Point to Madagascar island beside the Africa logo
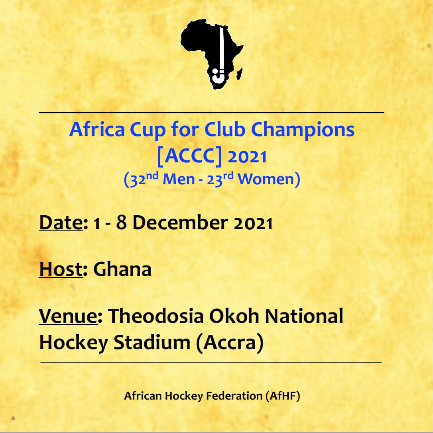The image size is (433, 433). point(240,74)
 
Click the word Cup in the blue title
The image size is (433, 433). point(148,130)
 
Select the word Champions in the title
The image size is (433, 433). point(303,130)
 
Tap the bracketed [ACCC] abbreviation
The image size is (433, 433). point(189,156)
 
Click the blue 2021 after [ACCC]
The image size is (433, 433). point(247,157)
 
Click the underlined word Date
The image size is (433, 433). point(61,222)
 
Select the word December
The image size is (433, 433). point(180,222)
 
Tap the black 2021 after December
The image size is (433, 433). point(253,223)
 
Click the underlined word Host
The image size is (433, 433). point(61,269)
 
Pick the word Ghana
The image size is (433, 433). point(122,269)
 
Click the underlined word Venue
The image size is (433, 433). point(68,316)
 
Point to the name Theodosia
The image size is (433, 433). point(156,316)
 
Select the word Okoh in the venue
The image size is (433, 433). point(234,316)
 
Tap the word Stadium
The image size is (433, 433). point(152,342)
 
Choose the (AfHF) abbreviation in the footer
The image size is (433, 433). point(283,396)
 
